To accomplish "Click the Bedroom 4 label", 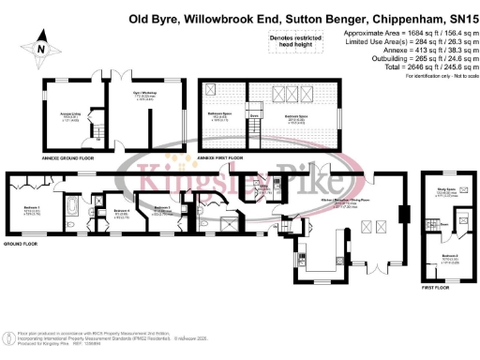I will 121,211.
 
